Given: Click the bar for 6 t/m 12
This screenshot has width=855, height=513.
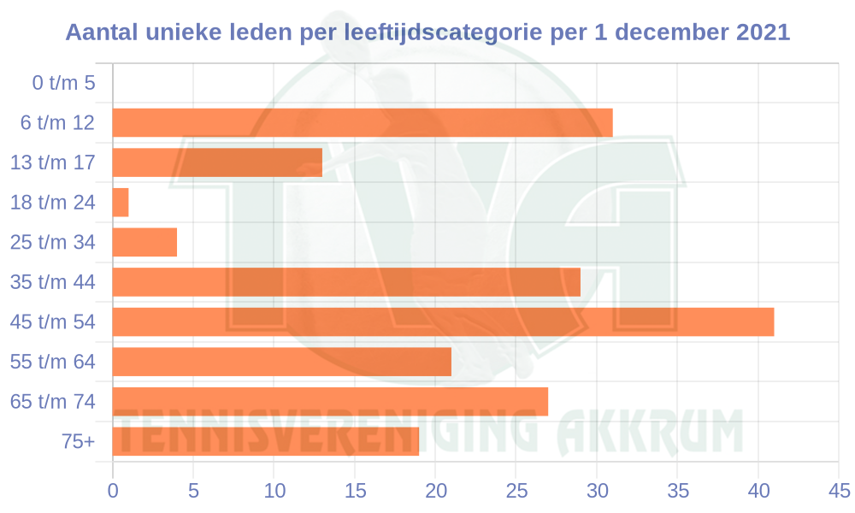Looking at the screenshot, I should (x=363, y=123).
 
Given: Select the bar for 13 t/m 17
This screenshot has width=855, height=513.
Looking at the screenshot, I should (x=217, y=162).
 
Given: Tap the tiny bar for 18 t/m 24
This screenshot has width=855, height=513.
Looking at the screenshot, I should (x=121, y=203).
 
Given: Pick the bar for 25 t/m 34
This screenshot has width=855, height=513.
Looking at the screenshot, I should (x=144, y=242).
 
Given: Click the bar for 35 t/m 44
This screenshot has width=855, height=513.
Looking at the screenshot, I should (x=346, y=282).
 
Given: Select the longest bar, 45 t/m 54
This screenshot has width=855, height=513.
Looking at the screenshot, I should (x=443, y=321).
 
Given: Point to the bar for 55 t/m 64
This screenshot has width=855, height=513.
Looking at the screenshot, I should (x=281, y=362).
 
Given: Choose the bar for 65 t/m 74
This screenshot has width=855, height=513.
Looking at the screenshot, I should (x=330, y=401).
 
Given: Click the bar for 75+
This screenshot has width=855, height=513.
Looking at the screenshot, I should (x=265, y=441).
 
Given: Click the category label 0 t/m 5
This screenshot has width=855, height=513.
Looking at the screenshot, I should (x=62, y=84).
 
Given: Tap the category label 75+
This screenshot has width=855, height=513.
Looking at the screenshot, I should (x=78, y=442).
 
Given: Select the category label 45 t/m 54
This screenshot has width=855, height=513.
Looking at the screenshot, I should (x=52, y=322).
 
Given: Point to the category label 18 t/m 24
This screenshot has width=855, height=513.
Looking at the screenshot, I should (x=52, y=203).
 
